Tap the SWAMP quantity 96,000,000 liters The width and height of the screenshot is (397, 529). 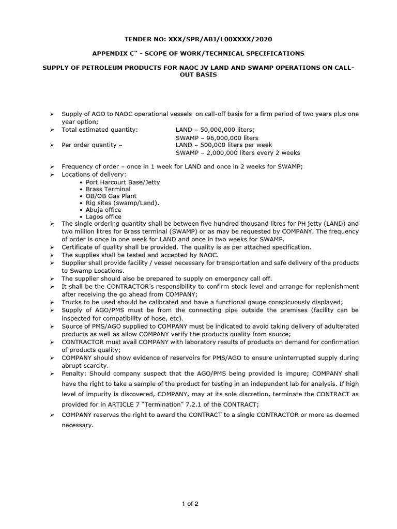(x=217, y=138)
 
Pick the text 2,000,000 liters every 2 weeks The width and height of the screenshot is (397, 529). (x=237, y=153)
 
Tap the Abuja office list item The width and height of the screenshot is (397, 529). (x=103, y=210)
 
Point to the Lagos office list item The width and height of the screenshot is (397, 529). (x=103, y=217)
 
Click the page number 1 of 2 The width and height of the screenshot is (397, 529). (x=198, y=504)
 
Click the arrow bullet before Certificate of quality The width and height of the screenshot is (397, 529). (x=52, y=247)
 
